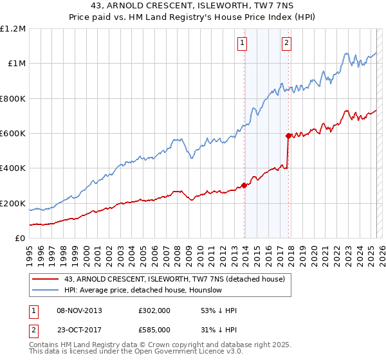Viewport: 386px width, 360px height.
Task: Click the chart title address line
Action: tap(193, 7)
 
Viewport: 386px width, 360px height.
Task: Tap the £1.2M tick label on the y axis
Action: tap(13, 29)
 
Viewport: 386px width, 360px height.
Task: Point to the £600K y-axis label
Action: tap(13, 134)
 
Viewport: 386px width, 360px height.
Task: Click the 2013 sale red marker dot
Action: tap(244, 185)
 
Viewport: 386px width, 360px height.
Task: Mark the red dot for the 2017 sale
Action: tap(288, 136)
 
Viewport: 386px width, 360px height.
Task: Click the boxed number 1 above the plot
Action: tap(243, 44)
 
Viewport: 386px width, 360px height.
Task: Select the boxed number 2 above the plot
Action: tap(286, 44)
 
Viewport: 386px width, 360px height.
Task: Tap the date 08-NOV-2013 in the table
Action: tap(80, 310)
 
